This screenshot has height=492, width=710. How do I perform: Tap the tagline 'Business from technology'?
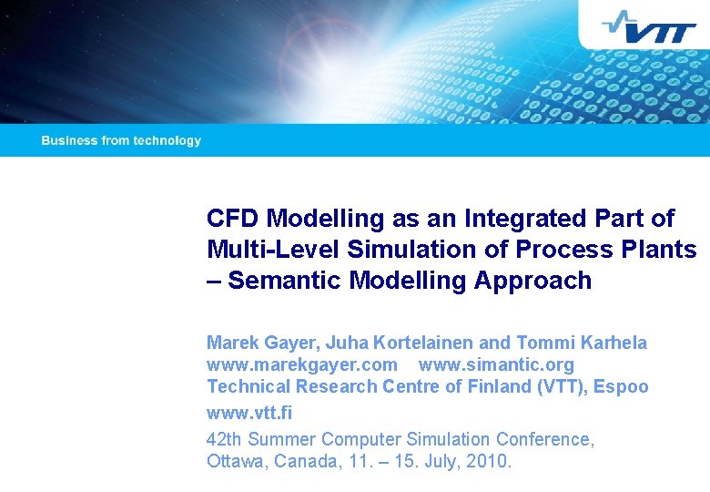click(x=121, y=140)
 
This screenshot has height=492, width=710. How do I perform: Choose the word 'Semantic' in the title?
click(x=281, y=281)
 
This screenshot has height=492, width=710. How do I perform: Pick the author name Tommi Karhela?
click(x=582, y=343)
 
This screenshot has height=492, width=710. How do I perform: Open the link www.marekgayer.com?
click(x=302, y=364)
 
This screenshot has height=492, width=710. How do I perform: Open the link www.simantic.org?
click(x=496, y=364)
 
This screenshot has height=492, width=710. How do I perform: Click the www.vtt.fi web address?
click(x=249, y=412)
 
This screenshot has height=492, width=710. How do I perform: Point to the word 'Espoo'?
click(x=621, y=386)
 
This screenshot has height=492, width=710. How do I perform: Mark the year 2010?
click(x=491, y=461)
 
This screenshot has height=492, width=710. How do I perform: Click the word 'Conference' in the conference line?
click(x=544, y=439)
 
